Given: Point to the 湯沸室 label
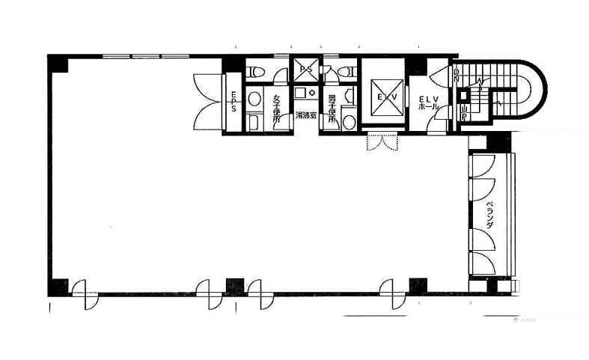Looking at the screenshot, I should [x=305, y=116].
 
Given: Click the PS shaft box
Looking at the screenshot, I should [x=305, y=70].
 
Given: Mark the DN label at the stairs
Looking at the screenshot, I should [x=457, y=76].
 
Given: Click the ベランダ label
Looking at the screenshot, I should [x=489, y=214].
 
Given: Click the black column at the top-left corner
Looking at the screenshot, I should [x=58, y=64].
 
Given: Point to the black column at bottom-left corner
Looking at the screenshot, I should [x=58, y=287].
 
